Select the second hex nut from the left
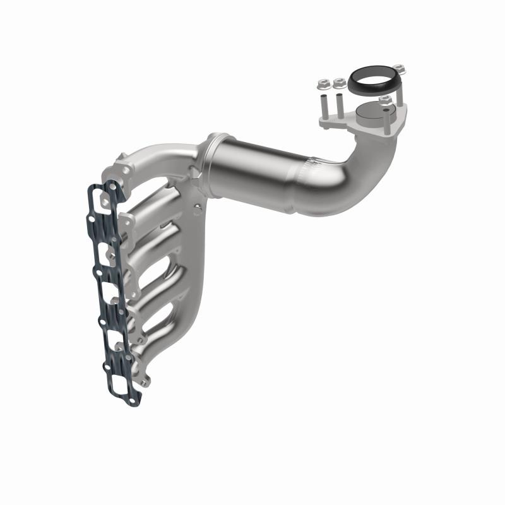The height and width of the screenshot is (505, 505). (339, 83)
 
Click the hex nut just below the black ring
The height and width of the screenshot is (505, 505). (385, 100)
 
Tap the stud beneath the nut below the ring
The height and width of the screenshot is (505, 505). (384, 116)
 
